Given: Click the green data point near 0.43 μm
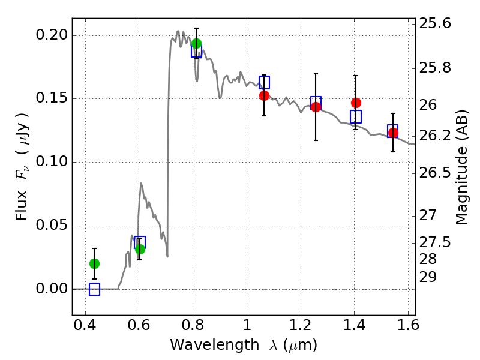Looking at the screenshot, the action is pos(95,263).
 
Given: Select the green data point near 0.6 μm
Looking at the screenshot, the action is pos(140,249).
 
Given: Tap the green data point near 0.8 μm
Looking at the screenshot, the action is pos(196,43).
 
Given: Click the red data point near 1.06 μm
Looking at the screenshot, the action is pos(264,95).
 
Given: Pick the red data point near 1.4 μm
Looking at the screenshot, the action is pos(356,103).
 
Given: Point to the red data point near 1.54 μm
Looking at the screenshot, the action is pos(393,133).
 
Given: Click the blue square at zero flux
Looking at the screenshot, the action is pos(95,289).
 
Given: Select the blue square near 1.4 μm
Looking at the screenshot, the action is pos(356,116).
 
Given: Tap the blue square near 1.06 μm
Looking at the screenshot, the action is pos(264,82).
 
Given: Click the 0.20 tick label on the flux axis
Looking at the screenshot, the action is pos(52,35).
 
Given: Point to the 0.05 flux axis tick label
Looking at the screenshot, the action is pos(52,225).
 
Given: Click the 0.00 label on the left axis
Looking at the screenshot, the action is pos(52,289).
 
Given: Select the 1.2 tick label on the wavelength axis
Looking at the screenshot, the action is pos(301,325).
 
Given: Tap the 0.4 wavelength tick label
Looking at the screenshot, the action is pos(85,325).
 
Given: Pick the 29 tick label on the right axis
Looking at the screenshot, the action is pos(428,277).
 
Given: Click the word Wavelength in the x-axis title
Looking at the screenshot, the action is pos(215,345).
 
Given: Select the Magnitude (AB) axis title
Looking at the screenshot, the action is pos(462,167).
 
